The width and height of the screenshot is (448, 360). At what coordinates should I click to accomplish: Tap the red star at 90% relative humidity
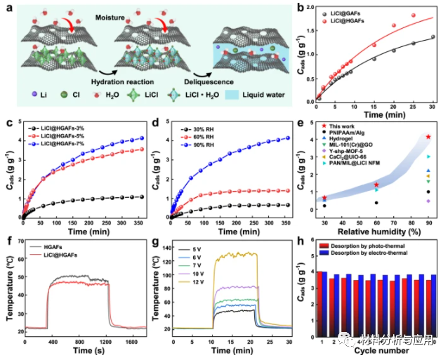(x=428, y=137)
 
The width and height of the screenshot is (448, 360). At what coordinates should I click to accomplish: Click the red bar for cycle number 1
(x=323, y=303)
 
